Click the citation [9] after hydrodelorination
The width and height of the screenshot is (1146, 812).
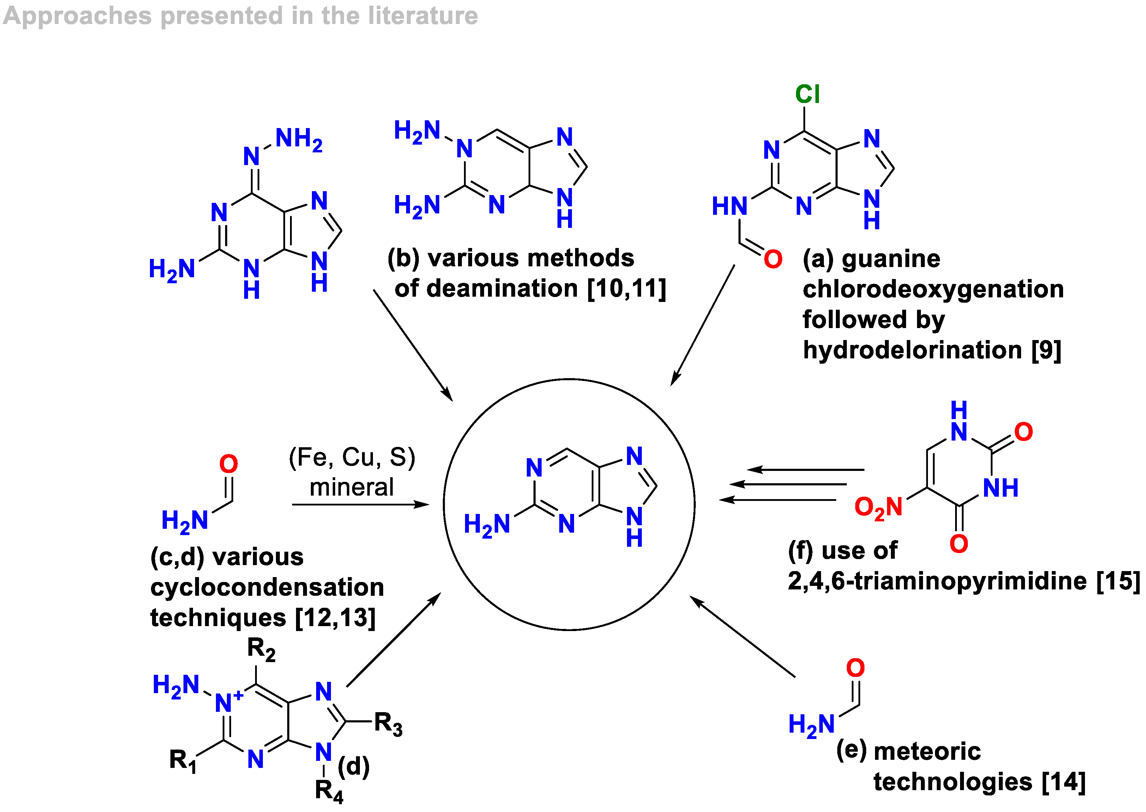(x=1046, y=350)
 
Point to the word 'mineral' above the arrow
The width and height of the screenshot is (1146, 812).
(x=351, y=487)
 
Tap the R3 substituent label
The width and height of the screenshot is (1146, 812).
(x=388, y=723)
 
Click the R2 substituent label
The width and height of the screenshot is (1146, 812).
(x=261, y=649)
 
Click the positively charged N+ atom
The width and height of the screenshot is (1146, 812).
(x=228, y=702)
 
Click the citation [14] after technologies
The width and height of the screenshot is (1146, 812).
(x=1063, y=782)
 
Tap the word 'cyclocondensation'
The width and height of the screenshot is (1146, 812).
(x=267, y=588)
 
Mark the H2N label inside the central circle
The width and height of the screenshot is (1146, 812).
(x=487, y=525)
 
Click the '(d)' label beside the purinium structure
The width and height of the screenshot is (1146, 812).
(x=354, y=766)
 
